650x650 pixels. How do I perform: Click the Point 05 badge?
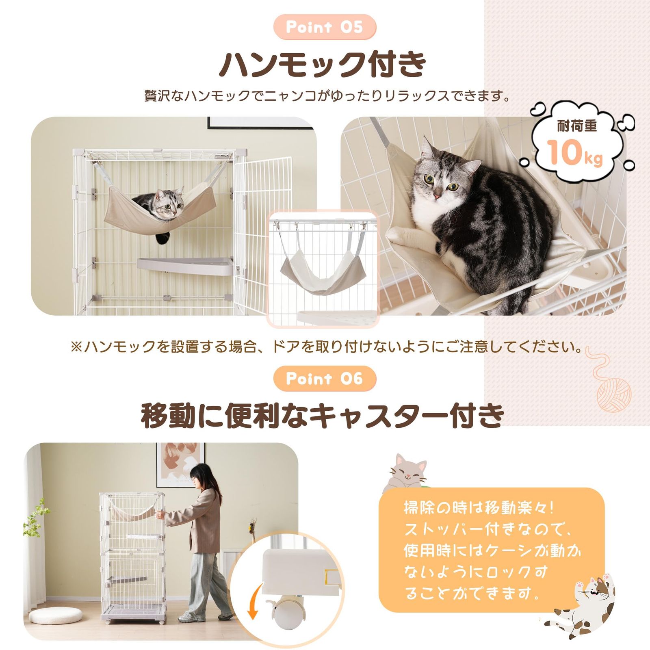coord(325,27)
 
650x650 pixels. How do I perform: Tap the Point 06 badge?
coord(325,379)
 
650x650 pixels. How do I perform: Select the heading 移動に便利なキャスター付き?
coord(323,416)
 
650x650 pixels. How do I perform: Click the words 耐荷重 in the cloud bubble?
coord(577,127)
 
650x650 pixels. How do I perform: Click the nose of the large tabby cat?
coord(435,196)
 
